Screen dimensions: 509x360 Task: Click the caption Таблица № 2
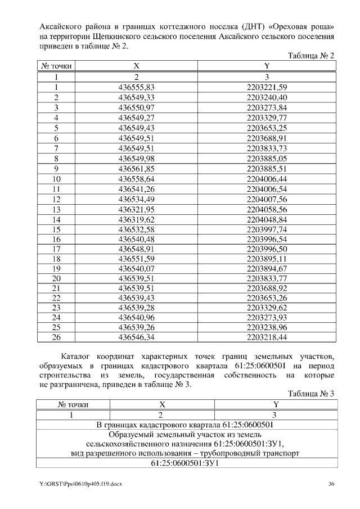click(311, 56)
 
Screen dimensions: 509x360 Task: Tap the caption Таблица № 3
click(311, 394)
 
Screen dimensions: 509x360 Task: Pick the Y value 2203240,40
click(267, 97)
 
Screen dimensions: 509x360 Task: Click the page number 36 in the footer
click(331, 484)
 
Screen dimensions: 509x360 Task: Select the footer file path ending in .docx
click(80, 484)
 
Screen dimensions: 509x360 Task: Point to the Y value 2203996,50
click(267, 249)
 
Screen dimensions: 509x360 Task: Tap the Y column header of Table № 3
click(276, 404)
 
